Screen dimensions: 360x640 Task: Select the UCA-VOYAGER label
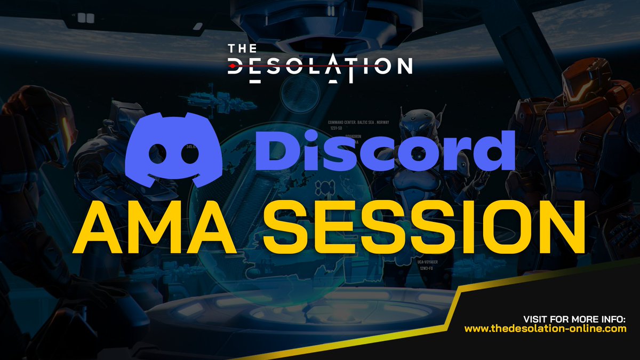427,263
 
